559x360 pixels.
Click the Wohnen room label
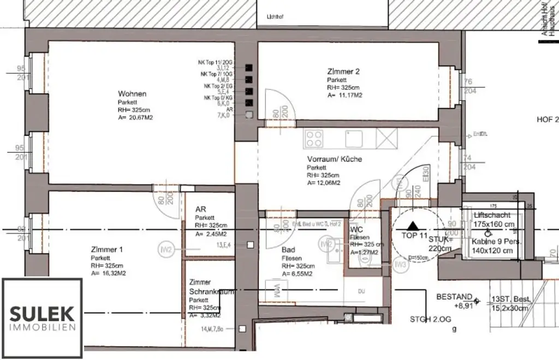(132, 94)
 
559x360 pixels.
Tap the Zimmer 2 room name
(343, 71)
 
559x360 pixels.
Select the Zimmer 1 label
(107, 250)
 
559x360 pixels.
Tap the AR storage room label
(200, 210)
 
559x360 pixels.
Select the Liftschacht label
(492, 216)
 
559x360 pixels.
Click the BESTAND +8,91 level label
(454, 302)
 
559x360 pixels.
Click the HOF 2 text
(548, 120)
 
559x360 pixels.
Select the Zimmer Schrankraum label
(211, 287)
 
